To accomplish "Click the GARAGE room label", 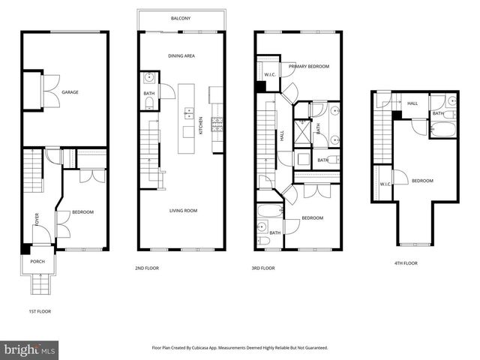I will click(70, 92).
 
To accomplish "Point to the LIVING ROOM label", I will click(182, 211).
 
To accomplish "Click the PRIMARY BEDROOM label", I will click(309, 67).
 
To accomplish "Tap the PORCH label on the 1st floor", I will click(37, 262).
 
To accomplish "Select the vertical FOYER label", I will click(35, 219).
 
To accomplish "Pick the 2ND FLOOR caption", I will click(146, 268).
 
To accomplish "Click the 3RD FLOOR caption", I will click(262, 268).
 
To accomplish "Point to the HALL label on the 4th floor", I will click(412, 103).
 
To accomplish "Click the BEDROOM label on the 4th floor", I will click(422, 181).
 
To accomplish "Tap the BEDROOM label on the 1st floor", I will click(82, 212).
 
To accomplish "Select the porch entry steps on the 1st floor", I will click(37, 285).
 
